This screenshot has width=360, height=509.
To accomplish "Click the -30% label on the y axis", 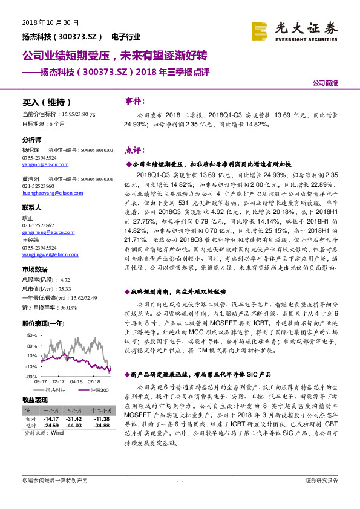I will (30, 376).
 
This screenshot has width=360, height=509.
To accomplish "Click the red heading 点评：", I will (135, 150).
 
